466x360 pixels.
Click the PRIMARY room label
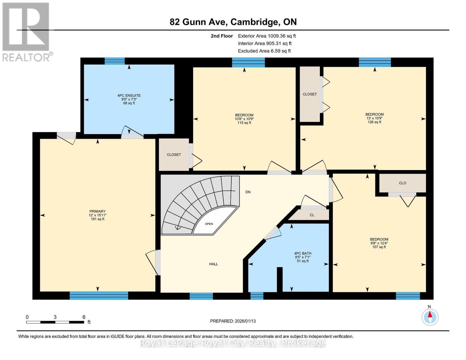click(98, 211)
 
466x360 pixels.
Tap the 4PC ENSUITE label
click(129, 96)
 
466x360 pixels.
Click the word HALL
click(214, 264)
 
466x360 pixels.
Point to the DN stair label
click(248, 192)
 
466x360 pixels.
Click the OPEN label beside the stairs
click(209, 224)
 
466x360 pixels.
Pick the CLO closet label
click(402, 183)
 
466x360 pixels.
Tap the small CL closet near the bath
click(312, 215)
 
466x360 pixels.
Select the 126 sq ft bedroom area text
click(374, 122)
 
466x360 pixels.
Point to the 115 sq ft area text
click(244, 123)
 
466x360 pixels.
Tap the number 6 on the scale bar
click(84, 317)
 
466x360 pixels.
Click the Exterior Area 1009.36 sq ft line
click(267, 36)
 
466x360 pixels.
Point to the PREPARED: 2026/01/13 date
click(233, 321)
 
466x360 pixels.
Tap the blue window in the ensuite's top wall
click(115, 61)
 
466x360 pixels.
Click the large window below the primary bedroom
click(99, 295)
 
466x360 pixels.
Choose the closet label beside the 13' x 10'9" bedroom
click(310, 94)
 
